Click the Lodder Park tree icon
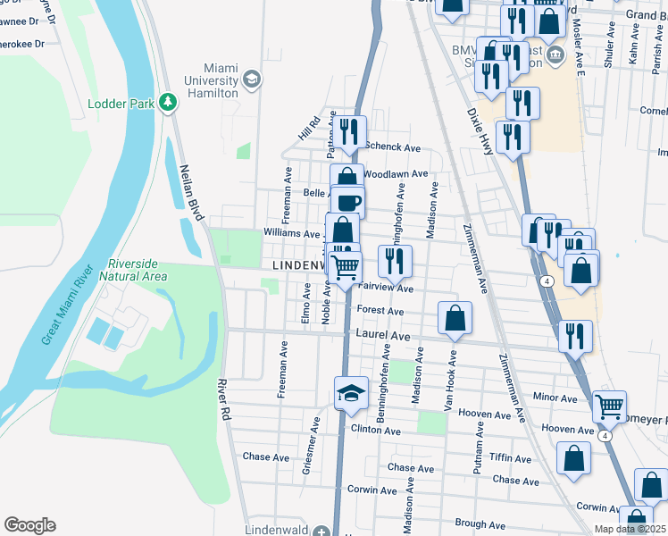tap(167, 103)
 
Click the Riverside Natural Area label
tap(137, 270)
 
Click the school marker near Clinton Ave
tap(351, 393)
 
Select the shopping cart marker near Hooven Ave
tap(609, 406)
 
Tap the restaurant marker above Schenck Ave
tap(349, 130)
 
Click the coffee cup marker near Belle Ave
tap(348, 200)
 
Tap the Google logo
tap(29, 525)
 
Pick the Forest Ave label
tap(380, 311)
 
